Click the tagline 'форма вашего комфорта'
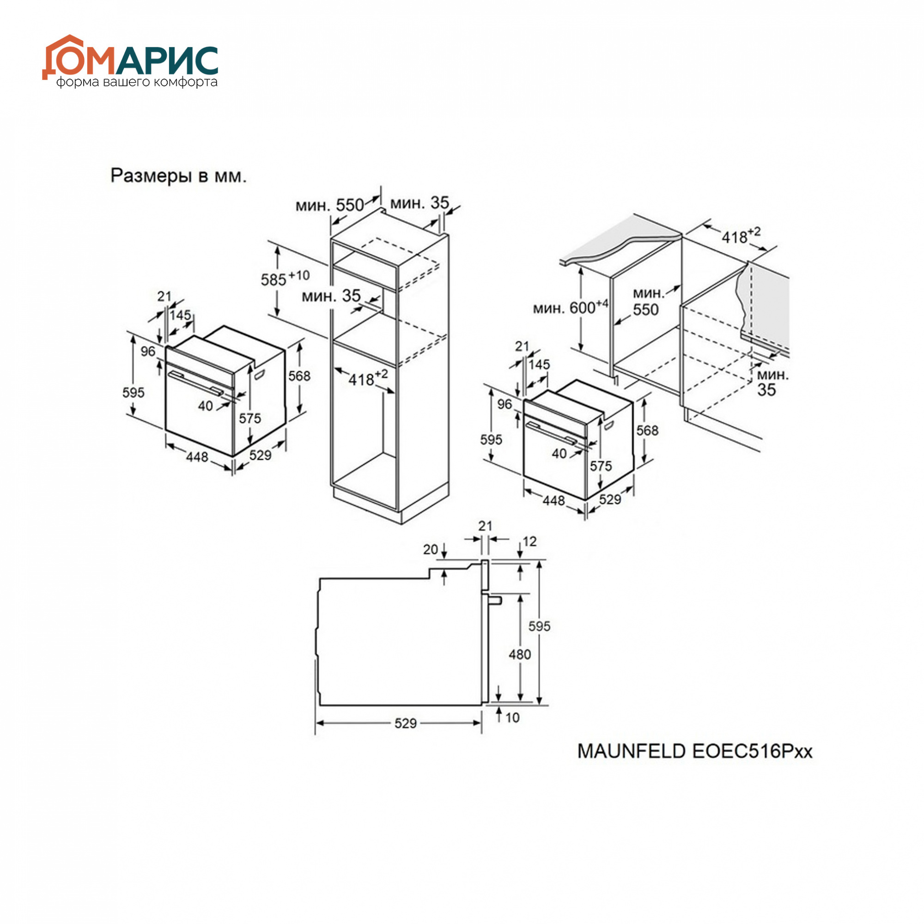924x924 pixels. pos(137,82)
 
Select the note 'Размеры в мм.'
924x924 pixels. pos(179,176)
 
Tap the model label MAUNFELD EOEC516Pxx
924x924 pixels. pos(695,751)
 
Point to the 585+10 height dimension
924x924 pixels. pos(285,278)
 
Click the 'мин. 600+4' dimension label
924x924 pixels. pos(571,307)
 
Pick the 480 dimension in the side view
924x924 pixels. pos(519,654)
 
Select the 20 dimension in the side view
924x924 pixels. pos(431,549)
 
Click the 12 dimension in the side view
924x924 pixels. pos(530,541)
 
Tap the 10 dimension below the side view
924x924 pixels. pos(512,717)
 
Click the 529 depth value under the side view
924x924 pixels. pos(406,723)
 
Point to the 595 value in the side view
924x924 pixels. pos(540,626)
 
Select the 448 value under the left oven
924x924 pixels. pos(197,457)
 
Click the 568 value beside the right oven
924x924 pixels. pos(648,431)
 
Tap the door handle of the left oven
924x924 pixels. pos(196,383)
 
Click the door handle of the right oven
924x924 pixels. pos(555,433)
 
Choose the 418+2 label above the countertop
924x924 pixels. pos(740,234)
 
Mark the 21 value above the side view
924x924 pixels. pos(486,526)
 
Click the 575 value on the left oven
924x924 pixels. pos(250,419)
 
